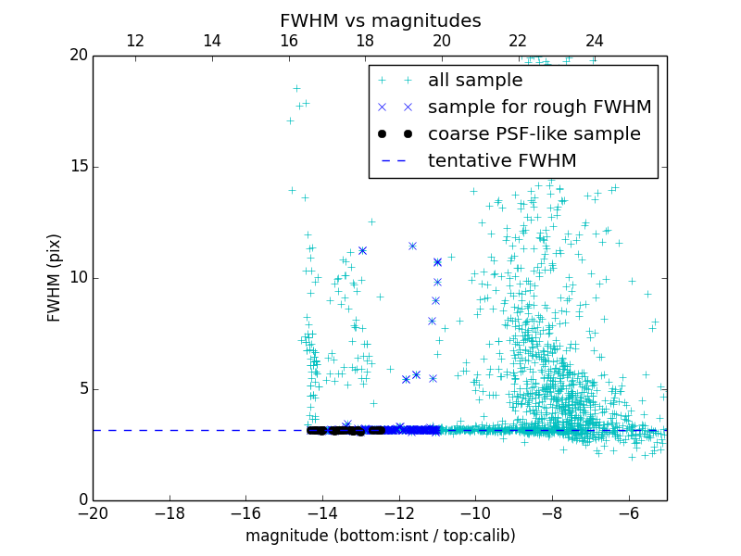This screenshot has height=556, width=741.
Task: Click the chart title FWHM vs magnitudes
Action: click(x=380, y=20)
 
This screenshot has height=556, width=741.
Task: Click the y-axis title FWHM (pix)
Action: click(x=55, y=277)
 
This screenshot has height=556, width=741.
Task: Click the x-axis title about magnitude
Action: click(x=380, y=536)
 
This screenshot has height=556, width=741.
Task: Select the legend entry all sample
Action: click(x=475, y=81)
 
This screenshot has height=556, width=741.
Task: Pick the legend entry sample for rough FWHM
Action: click(x=539, y=107)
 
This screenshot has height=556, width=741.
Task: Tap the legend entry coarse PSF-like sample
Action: click(x=534, y=134)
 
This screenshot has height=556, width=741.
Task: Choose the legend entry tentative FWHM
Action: click(x=502, y=161)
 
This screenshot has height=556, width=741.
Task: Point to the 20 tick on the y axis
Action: click(x=78, y=56)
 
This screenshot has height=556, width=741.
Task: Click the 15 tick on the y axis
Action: click(x=78, y=167)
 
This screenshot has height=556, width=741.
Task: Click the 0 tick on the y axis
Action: click(x=82, y=500)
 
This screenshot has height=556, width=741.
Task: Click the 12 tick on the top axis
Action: click(x=135, y=41)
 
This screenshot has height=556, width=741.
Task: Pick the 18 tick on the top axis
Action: click(x=365, y=41)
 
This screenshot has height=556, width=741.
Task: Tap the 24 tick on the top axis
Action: click(x=595, y=41)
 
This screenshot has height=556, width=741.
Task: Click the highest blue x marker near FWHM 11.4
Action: click(x=412, y=246)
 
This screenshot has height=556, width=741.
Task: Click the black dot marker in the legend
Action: click(x=395, y=134)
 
